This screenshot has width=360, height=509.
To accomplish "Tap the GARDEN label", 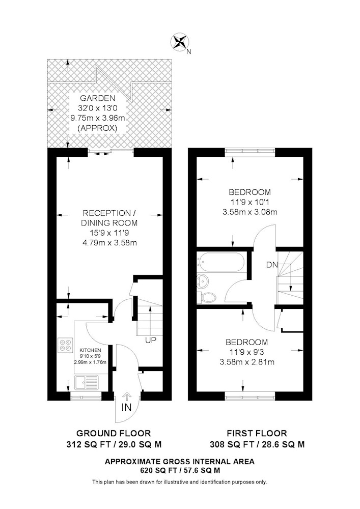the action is [x=98, y=98].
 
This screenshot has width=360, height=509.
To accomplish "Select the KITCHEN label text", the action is [x=90, y=350].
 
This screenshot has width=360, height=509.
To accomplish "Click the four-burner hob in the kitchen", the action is [x=65, y=345].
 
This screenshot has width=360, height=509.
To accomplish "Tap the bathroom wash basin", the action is [x=203, y=280].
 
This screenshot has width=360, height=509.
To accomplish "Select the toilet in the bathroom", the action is [x=207, y=297].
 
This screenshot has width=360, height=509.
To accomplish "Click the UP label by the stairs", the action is [x=151, y=341].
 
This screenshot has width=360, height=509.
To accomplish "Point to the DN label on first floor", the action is [x=272, y=265].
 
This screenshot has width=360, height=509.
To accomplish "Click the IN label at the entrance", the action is [x=127, y=408].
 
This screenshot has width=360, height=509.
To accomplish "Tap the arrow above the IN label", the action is [x=127, y=397].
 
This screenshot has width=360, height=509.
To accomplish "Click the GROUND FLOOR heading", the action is [x=114, y=433].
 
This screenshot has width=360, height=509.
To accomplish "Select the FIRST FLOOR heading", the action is [x=257, y=433].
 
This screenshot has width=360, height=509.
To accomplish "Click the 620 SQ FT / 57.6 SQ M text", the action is [x=180, y=470].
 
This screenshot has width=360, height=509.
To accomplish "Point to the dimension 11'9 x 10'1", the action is [x=250, y=202].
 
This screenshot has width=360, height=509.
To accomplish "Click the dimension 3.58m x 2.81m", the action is [x=247, y=362].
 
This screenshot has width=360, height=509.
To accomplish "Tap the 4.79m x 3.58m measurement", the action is [x=109, y=242].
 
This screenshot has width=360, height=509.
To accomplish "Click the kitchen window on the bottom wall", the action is [x=87, y=397].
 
